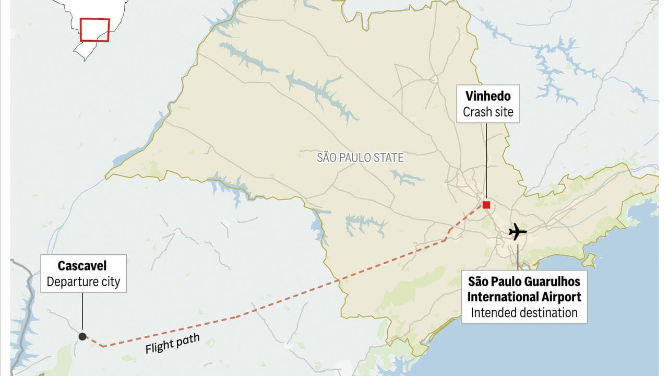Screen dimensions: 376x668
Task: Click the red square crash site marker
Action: (x=486, y=205)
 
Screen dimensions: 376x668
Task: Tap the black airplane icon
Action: (x=517, y=231)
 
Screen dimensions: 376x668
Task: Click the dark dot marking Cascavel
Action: (x=82, y=336)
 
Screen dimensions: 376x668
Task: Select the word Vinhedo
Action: (x=488, y=97)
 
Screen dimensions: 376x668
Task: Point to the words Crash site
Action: (x=488, y=112)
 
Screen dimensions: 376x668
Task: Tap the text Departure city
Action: (x=83, y=282)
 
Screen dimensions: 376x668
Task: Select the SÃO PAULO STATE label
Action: (x=360, y=157)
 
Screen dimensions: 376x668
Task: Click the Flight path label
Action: (x=172, y=344)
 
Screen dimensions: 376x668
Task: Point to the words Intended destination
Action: (x=524, y=313)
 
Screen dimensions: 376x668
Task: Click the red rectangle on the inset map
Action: (x=94, y=30)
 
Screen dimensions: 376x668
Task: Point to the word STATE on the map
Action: (x=388, y=157)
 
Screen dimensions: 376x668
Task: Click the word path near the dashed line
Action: (x=187, y=340)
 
